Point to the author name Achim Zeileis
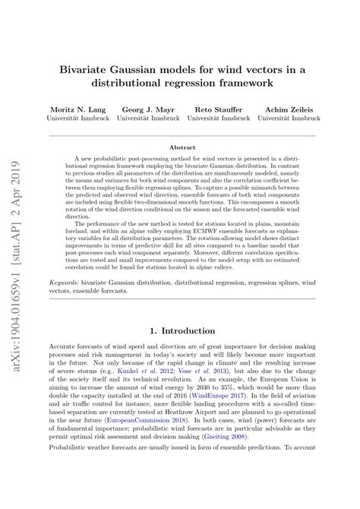(x=285, y=109)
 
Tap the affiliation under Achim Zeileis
(x=285, y=119)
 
